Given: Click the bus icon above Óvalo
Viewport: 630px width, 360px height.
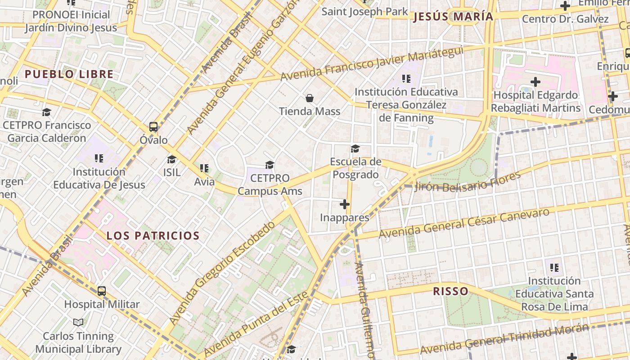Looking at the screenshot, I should click(x=153, y=127).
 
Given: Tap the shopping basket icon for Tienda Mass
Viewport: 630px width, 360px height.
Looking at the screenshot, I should click(x=310, y=98).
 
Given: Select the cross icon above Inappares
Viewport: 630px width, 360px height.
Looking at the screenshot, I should click(x=345, y=205).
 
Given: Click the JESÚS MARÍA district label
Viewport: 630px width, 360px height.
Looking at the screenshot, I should click(x=453, y=17).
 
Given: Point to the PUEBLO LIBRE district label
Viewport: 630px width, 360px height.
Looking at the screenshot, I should click(x=69, y=74).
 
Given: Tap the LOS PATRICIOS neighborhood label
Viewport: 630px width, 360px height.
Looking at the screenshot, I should click(x=153, y=236).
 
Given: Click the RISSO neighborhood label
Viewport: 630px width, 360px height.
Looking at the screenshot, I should click(x=450, y=291).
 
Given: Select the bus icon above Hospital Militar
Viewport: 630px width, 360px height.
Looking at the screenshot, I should click(x=102, y=291).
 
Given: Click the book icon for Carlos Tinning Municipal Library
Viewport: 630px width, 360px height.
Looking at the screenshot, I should click(x=78, y=322).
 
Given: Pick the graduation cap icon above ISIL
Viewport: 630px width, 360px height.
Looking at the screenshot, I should click(x=171, y=159).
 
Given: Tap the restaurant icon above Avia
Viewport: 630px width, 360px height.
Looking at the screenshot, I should click(x=204, y=168).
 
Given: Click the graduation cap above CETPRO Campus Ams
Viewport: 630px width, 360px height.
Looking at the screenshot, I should click(x=270, y=165).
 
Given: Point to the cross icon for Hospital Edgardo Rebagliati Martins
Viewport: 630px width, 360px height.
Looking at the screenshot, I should click(x=535, y=82).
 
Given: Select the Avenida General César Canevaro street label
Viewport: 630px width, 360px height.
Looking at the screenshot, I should click(x=464, y=223).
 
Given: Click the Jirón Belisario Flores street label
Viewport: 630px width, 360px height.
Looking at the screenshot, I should click(x=468, y=181).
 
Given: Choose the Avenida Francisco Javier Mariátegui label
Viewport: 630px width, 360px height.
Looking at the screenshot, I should click(x=372, y=63).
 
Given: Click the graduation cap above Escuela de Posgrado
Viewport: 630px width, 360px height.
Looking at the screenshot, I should click(x=355, y=148).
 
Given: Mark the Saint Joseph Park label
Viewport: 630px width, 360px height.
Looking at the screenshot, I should click(x=364, y=12).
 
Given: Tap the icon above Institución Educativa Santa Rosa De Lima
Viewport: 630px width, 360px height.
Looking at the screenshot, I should click(x=554, y=268).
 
